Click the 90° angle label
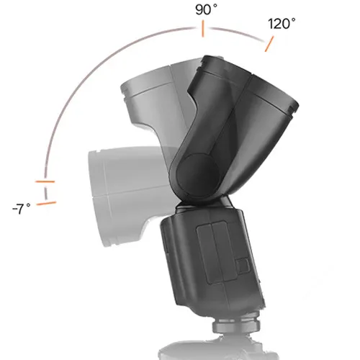coord(205,9)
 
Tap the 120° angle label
coord(282,23)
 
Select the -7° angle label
coord(21,208)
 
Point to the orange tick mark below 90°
coord(203,30)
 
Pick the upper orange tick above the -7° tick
coord(45,180)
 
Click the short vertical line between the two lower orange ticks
coord(46,192)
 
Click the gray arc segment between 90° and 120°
coord(238,32)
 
